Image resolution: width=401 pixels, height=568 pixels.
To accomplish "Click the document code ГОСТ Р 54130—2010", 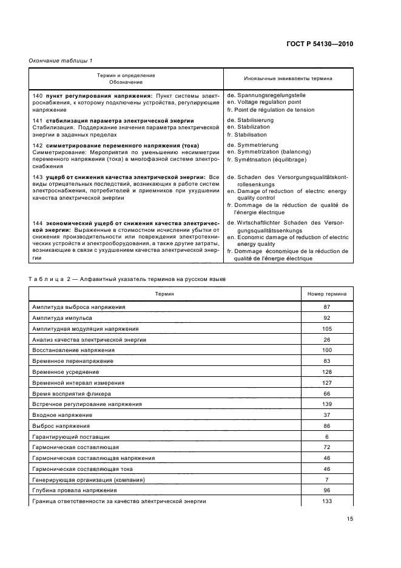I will (x=319, y=44).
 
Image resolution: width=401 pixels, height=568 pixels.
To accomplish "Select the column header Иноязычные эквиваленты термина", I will (x=288, y=78).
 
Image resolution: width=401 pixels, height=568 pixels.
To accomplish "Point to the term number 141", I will (x=36, y=121).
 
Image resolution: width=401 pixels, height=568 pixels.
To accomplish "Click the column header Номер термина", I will (x=326, y=293).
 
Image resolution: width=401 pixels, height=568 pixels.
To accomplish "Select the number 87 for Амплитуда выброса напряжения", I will (x=326, y=307).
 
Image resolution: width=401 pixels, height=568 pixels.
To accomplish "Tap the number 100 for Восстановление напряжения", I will (x=326, y=350).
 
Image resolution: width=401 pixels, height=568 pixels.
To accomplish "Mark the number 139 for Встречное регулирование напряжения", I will (x=326, y=404).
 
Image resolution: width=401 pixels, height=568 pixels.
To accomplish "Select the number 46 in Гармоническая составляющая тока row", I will (x=326, y=469).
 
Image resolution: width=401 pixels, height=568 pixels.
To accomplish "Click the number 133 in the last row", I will (x=326, y=502).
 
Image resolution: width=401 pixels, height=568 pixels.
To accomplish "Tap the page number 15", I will (x=349, y=518).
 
